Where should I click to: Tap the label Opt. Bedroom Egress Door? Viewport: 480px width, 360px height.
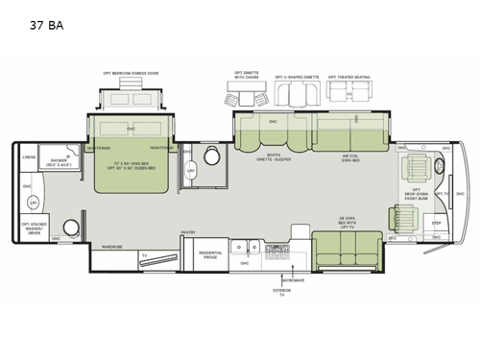131,73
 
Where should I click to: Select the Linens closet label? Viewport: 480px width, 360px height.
29,158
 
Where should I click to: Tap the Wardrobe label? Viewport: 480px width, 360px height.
112,247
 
